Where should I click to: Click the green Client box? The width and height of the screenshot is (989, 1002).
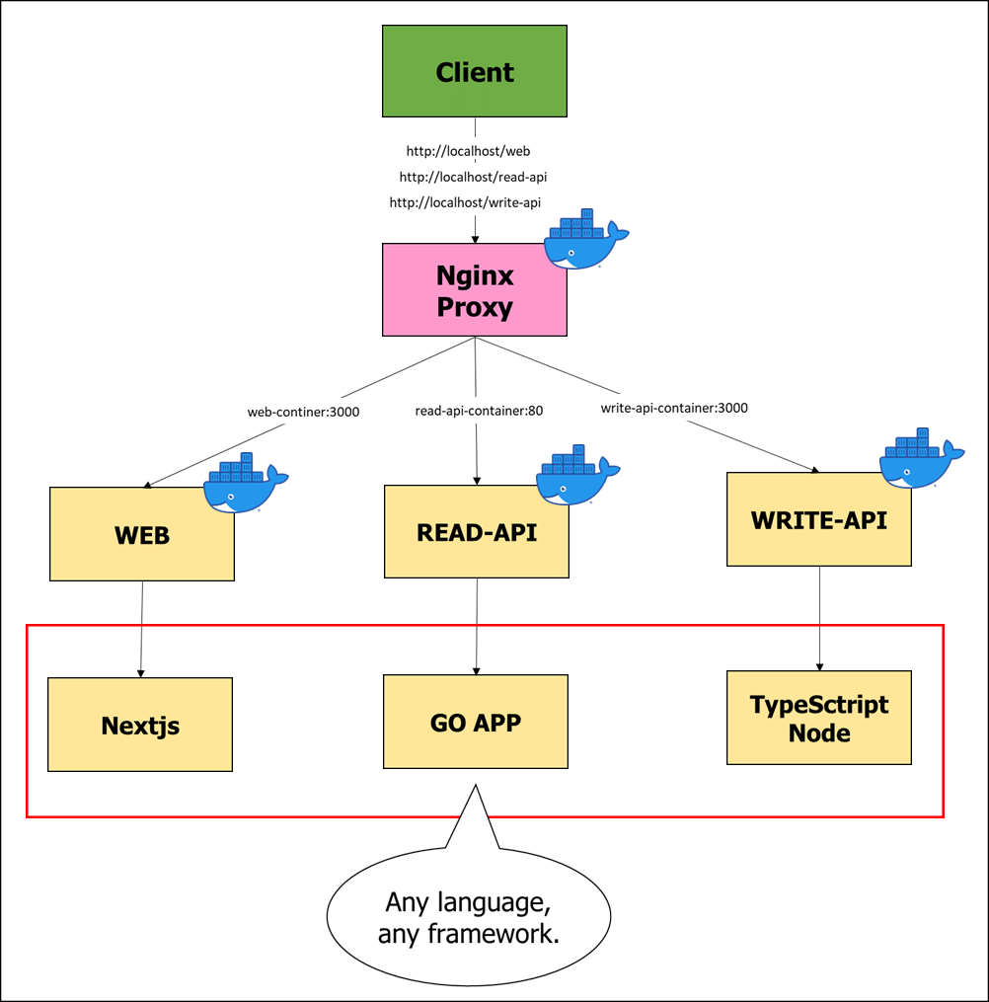[x=475, y=71]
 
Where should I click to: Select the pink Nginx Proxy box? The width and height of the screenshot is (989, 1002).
[x=475, y=290]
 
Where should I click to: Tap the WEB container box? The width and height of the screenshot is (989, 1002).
[x=141, y=534]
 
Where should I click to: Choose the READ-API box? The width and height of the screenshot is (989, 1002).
[x=476, y=531]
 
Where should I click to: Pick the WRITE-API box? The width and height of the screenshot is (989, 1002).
[x=818, y=519]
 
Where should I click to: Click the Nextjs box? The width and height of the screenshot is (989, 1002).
[x=140, y=725]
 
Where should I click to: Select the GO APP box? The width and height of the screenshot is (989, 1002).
[x=476, y=722]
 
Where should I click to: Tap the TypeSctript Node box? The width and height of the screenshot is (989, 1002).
[x=818, y=718]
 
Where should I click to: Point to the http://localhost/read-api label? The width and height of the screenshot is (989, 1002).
[x=473, y=177]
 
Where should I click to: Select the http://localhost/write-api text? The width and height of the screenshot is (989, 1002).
[x=465, y=202]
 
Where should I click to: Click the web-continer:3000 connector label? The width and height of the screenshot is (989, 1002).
[x=303, y=411]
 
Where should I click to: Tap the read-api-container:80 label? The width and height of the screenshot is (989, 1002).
[x=478, y=411]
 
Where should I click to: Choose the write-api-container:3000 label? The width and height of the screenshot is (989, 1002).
[x=674, y=408]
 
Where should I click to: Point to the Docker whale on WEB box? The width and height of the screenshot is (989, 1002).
[x=245, y=485]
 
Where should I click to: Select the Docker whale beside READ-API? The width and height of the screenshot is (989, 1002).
[x=576, y=477]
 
